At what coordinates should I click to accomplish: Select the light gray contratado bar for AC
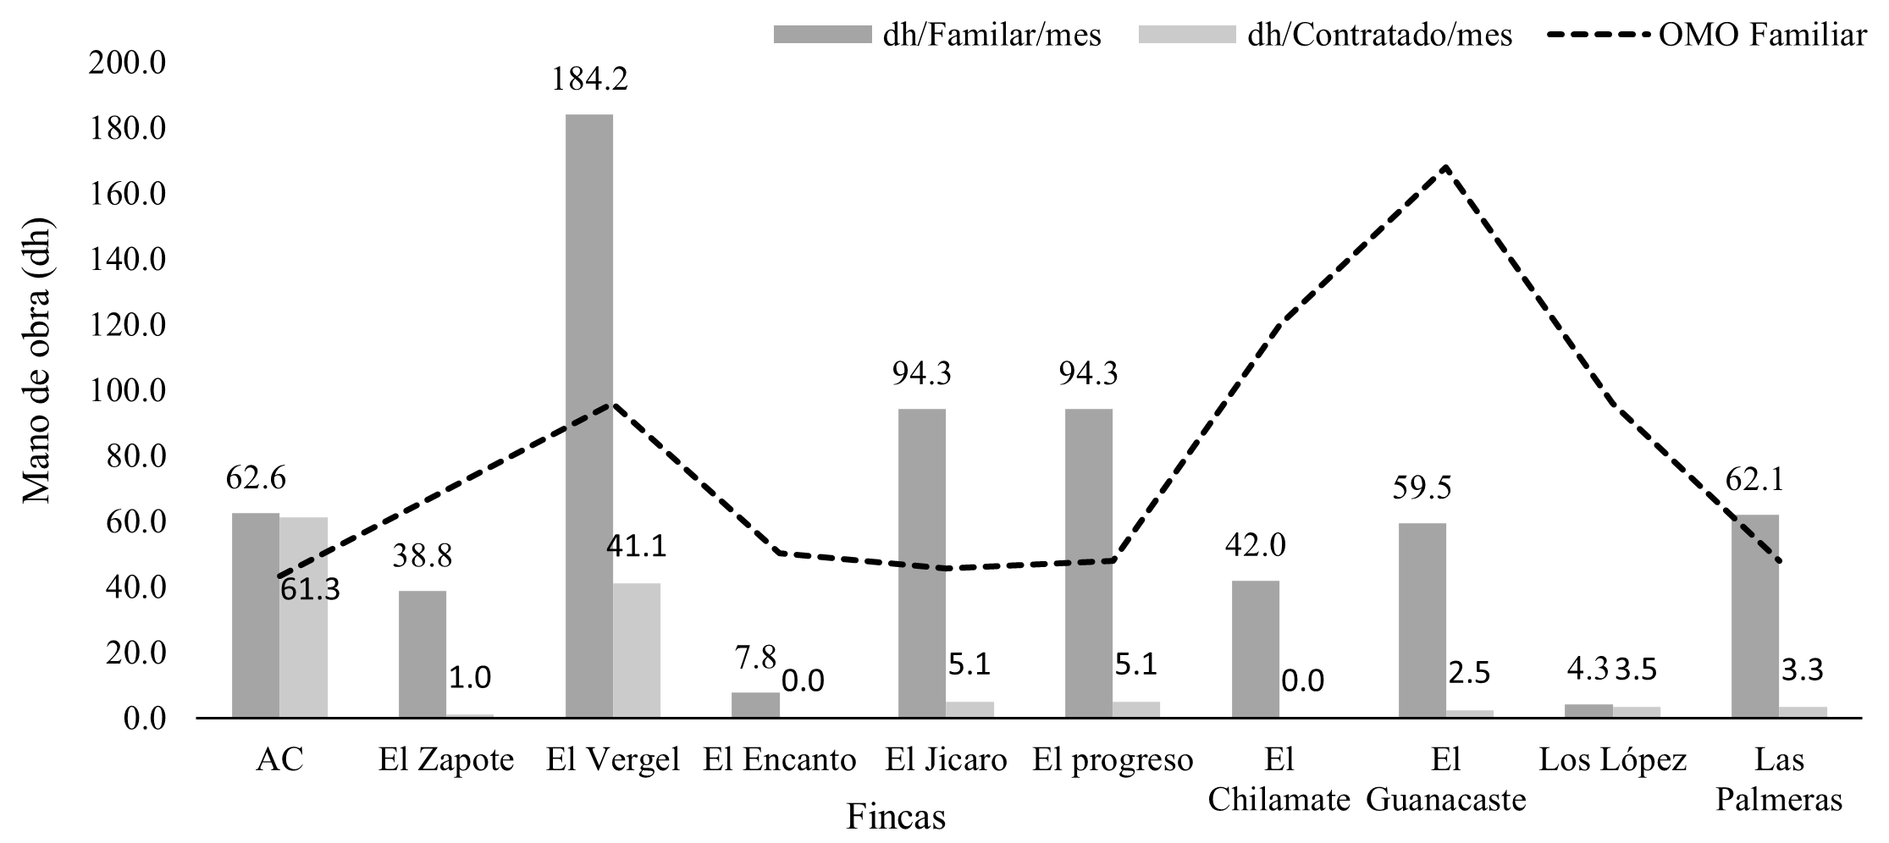tap(303, 618)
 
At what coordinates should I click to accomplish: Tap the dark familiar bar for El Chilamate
tap(1255, 649)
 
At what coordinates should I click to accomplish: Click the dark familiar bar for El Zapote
tap(422, 654)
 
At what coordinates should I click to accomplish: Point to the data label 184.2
tap(589, 80)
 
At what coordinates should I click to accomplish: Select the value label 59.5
tap(1422, 488)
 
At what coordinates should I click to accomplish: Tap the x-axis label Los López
tap(1612, 760)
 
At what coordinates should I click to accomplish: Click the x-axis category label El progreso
tap(1113, 760)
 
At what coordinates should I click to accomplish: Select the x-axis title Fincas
tap(896, 818)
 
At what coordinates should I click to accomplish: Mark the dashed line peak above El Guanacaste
tap(1446, 167)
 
